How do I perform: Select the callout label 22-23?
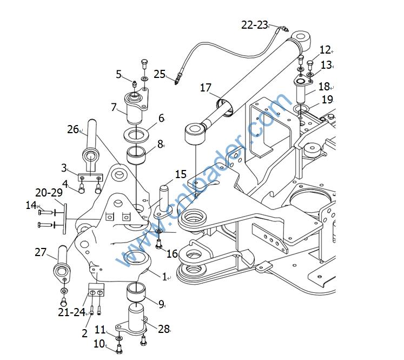point(255,25)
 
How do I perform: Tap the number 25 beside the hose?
point(160,74)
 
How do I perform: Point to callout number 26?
point(74,129)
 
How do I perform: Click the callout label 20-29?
point(49,193)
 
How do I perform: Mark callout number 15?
point(181,175)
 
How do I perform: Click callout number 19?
point(327,99)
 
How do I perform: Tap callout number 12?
point(324,50)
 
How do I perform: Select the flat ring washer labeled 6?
point(137,133)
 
